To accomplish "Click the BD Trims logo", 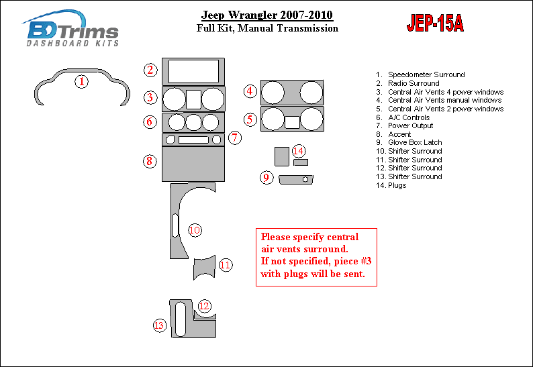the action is (x=70, y=29).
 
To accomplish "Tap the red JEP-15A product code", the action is (x=435, y=23).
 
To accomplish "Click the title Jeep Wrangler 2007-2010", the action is (x=267, y=15).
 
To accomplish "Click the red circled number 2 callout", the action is (x=150, y=70).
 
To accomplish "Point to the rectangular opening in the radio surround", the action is (x=193, y=71).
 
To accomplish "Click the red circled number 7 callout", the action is (x=234, y=138).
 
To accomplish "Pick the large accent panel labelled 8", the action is (x=193, y=164).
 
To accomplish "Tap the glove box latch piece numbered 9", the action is (x=296, y=179).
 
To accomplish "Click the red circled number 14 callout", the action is (x=299, y=151).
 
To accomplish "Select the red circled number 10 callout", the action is (x=195, y=230).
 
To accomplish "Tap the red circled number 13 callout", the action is (x=159, y=325).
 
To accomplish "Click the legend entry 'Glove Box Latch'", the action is (x=415, y=142).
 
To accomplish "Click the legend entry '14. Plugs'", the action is (x=391, y=185).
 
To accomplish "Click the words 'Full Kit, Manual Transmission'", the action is (x=267, y=28).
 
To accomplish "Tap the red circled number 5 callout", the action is (x=250, y=119).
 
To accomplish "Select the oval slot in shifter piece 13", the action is (x=180, y=319).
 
